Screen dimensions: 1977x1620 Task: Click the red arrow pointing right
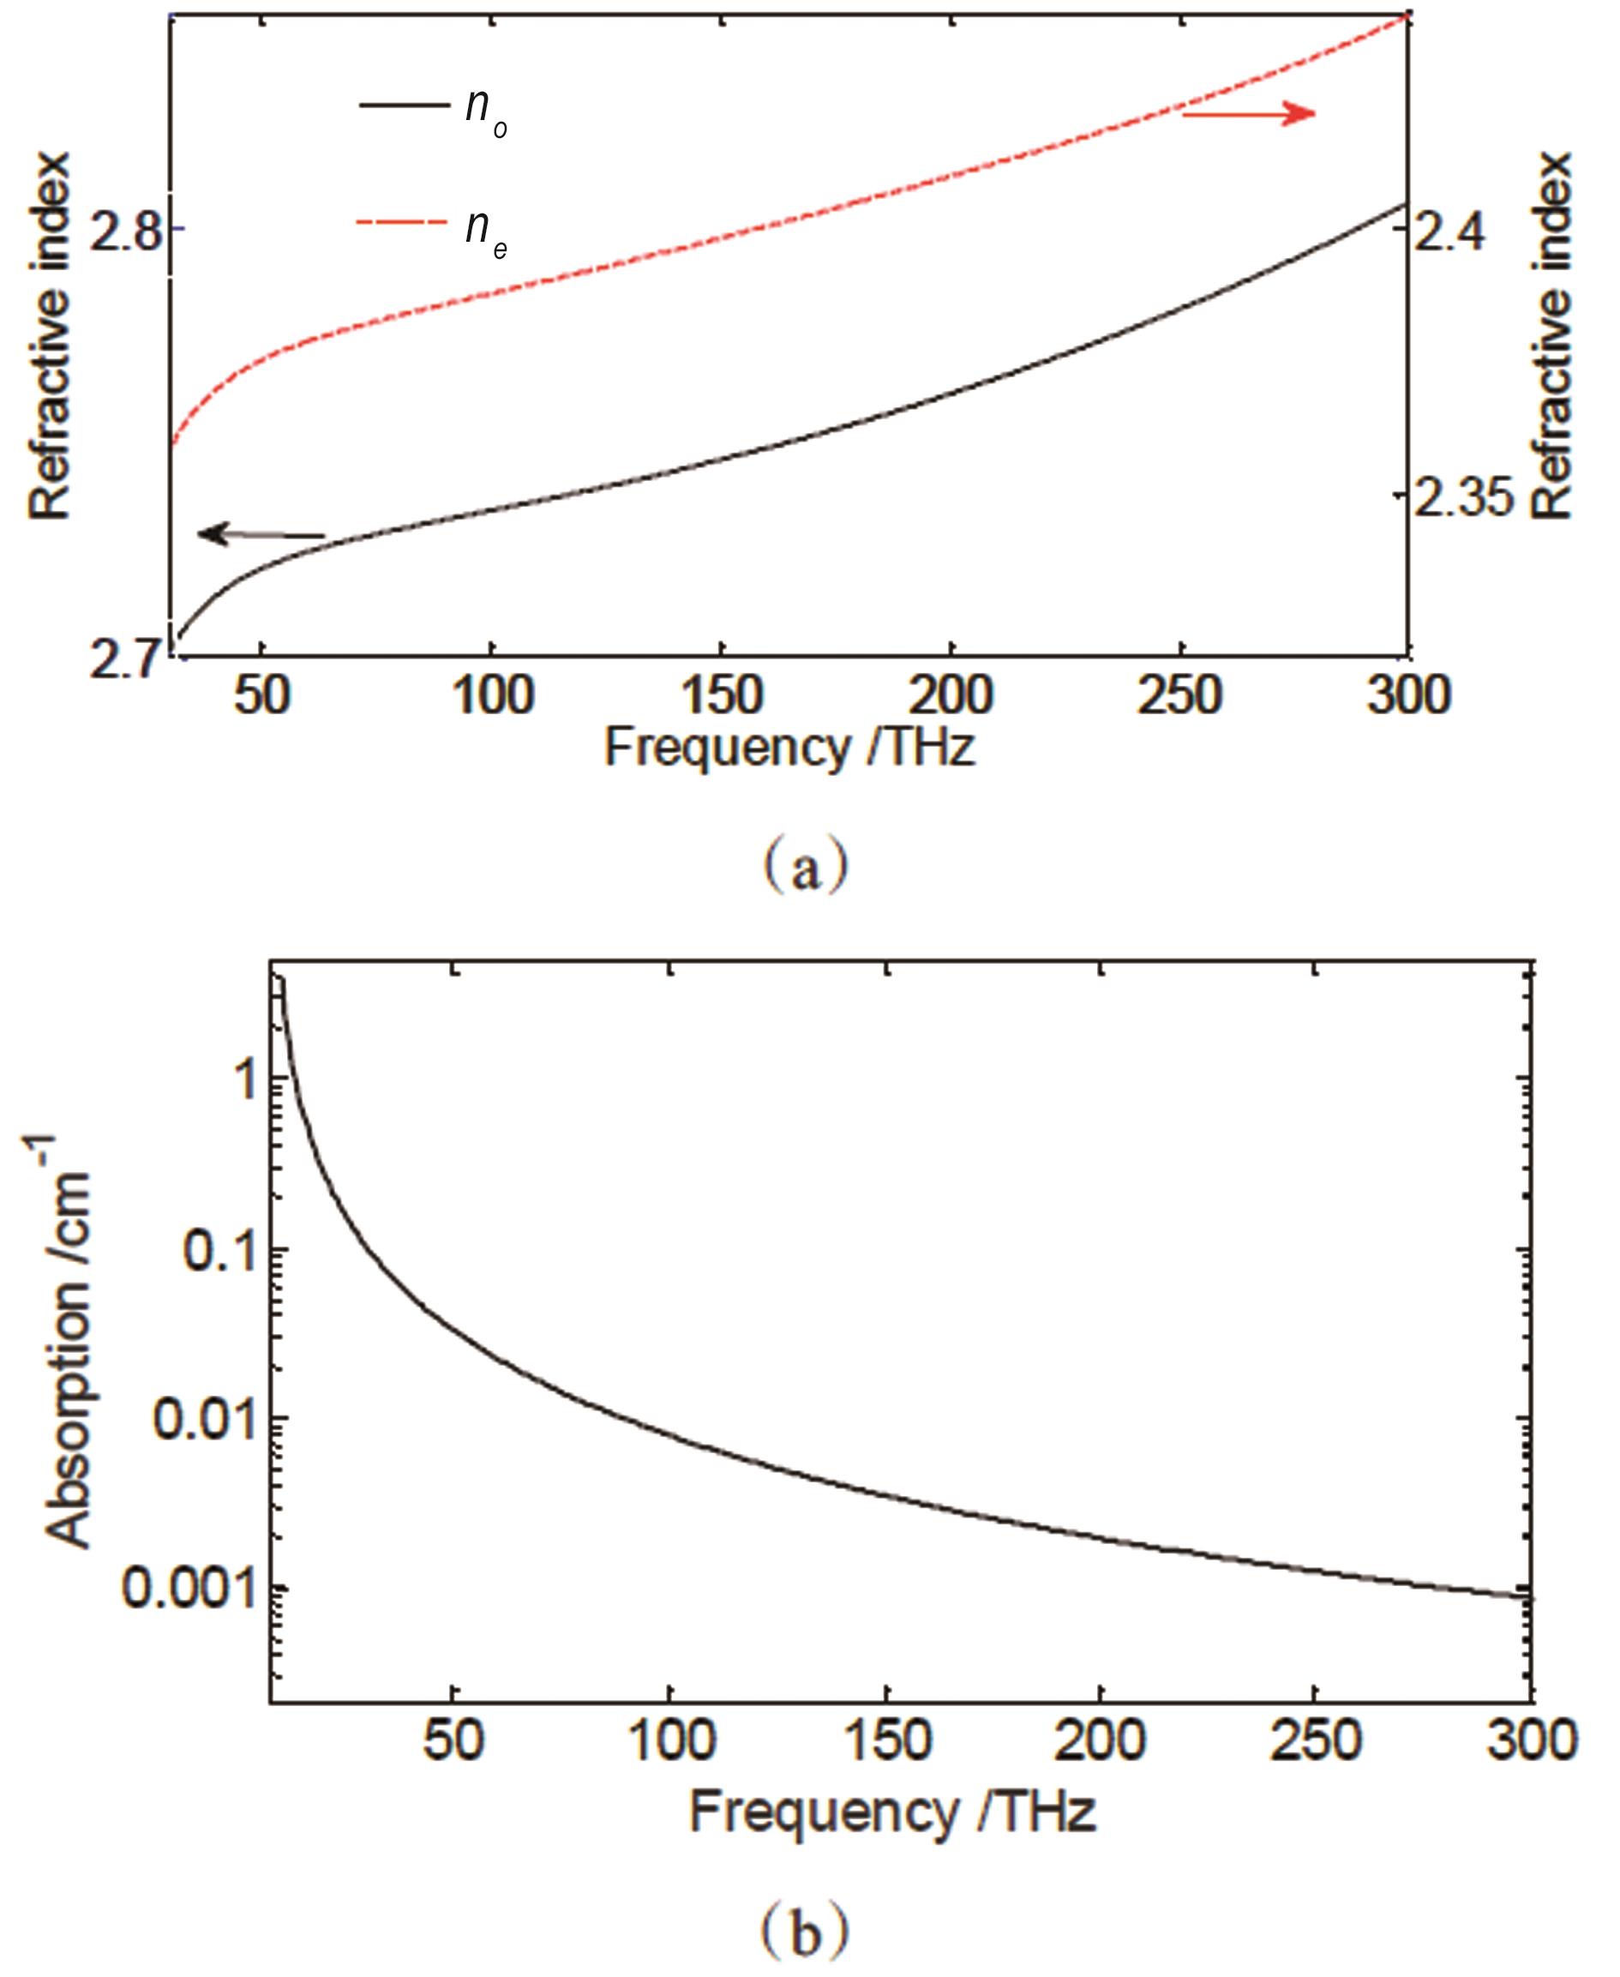[1249, 114]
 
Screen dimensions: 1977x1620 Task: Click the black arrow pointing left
[261, 535]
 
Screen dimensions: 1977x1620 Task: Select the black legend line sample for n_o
[402, 105]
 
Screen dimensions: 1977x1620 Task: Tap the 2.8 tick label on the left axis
[124, 231]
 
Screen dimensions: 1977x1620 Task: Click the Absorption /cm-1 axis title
[67, 1344]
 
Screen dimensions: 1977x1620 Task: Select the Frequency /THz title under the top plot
[789, 748]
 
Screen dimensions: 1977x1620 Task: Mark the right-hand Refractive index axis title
[1551, 336]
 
